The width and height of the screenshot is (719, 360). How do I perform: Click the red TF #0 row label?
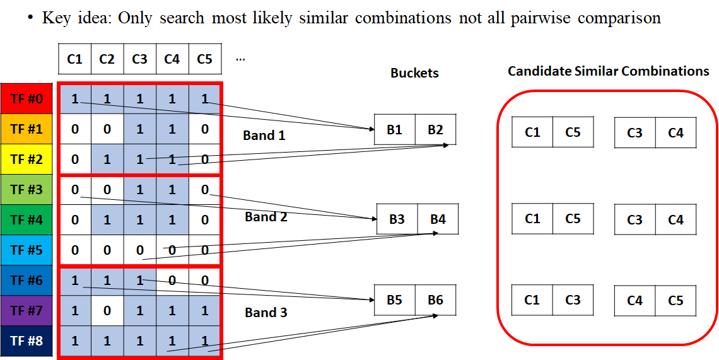(x=26, y=98)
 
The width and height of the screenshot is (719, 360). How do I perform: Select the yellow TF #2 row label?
(x=26, y=159)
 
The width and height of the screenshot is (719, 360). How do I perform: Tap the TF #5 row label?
(x=26, y=250)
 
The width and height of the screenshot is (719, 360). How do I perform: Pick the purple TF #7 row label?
(x=26, y=310)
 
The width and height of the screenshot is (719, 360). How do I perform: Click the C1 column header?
(x=74, y=59)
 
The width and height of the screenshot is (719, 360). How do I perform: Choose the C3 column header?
(x=139, y=59)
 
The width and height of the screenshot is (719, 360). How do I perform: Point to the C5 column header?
(x=204, y=59)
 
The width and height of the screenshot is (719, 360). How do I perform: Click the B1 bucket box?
(x=395, y=130)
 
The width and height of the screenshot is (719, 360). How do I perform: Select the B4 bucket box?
(x=438, y=219)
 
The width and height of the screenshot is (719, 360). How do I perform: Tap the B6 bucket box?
(x=435, y=300)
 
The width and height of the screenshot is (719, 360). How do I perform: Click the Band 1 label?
(x=264, y=136)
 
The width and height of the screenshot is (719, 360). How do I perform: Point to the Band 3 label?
(x=266, y=313)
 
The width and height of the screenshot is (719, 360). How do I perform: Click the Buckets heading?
(x=414, y=73)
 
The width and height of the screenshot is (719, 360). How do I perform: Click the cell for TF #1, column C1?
(x=75, y=129)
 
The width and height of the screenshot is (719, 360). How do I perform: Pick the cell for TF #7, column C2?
(x=107, y=310)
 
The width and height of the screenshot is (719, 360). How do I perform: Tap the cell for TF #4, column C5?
(x=204, y=219)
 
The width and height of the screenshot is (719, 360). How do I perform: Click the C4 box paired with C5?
(x=634, y=301)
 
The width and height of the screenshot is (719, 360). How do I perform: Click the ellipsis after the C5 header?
(x=240, y=59)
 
